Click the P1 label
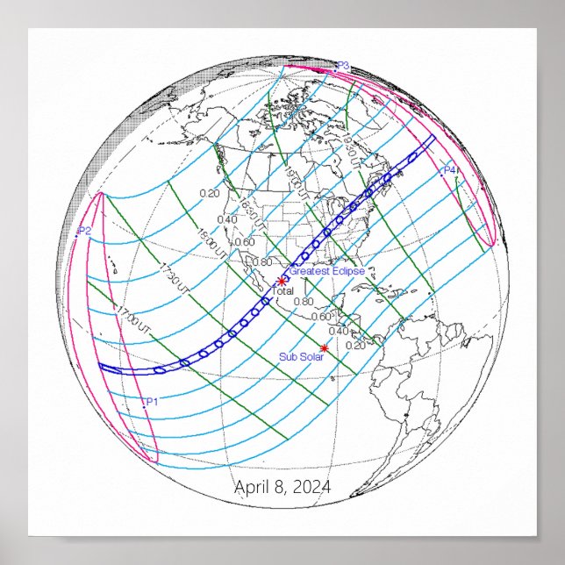click(151, 401)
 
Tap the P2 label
click(85, 231)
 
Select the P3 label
click(343, 66)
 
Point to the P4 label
click(449, 169)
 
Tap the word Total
click(283, 290)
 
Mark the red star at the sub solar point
click(325, 348)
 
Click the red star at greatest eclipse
click(282, 281)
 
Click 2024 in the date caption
click(311, 487)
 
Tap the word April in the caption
click(253, 487)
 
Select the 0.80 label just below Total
click(304, 302)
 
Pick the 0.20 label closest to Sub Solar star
click(356, 345)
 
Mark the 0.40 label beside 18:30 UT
click(226, 219)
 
